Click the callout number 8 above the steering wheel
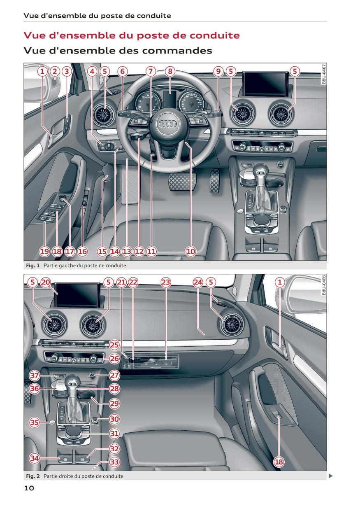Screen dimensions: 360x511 (x=170, y=71)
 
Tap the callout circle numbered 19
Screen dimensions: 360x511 (x=45, y=252)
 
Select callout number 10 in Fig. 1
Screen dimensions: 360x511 (x=191, y=252)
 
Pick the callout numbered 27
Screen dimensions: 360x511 (x=114, y=375)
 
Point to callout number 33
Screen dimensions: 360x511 (x=114, y=462)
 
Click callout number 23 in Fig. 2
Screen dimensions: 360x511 (x=166, y=282)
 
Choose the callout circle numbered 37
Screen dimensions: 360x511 (x=35, y=375)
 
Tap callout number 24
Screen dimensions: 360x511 (x=198, y=282)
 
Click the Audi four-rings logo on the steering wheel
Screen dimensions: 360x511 (x=167, y=124)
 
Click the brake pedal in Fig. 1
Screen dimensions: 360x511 (x=182, y=182)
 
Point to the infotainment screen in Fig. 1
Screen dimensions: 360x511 (x=265, y=84)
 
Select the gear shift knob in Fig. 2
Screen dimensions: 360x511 (x=73, y=380)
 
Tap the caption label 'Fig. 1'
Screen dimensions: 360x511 (x=33, y=265)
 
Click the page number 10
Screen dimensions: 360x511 (x=29, y=488)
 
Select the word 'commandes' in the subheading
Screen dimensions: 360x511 (x=177, y=50)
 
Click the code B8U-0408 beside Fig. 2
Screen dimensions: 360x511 (x=324, y=285)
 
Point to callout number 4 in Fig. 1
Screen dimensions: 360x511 (x=92, y=71)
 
